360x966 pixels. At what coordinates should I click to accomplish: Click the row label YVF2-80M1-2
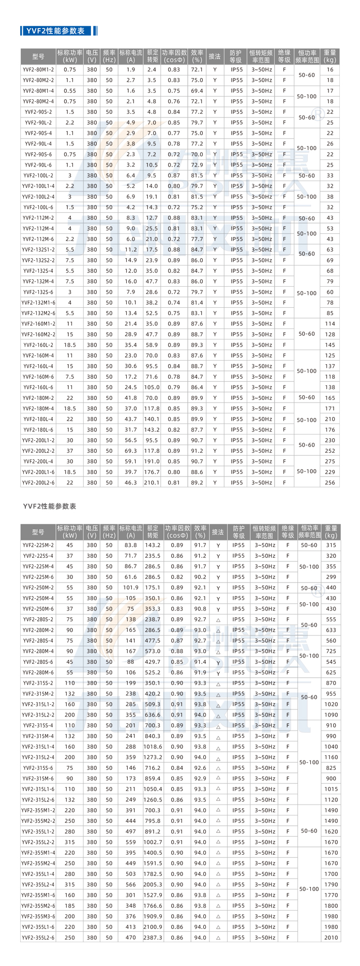(38, 69)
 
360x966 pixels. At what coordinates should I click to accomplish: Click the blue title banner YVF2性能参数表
(58, 31)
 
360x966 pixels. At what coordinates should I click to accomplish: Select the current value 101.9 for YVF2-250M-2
(130, 588)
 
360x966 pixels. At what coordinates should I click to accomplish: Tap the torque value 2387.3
(153, 938)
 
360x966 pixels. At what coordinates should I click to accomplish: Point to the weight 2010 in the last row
(331, 938)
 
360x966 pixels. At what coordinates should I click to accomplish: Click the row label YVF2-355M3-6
(38, 916)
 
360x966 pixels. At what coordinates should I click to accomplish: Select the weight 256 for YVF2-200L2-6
(330, 483)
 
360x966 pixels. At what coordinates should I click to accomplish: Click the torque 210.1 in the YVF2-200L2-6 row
(152, 483)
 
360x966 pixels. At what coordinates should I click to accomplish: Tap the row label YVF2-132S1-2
(38, 249)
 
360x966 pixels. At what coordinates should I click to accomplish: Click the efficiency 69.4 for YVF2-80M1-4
(197, 91)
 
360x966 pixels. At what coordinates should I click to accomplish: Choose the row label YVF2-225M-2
(38, 545)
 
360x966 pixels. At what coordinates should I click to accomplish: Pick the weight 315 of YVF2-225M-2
(331, 545)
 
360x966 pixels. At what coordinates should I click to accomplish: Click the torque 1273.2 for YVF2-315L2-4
(153, 757)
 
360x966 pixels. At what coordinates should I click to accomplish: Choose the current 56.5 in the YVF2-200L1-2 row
(130, 440)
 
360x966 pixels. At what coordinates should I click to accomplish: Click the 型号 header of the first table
(38, 56)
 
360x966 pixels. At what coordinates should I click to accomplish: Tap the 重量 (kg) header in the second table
(331, 532)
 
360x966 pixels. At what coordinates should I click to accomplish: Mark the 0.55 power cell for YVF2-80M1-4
(70, 91)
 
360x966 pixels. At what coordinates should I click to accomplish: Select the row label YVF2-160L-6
(38, 387)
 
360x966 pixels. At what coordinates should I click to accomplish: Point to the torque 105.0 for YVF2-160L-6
(152, 387)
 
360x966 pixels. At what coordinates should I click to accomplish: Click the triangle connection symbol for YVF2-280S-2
(218, 620)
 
